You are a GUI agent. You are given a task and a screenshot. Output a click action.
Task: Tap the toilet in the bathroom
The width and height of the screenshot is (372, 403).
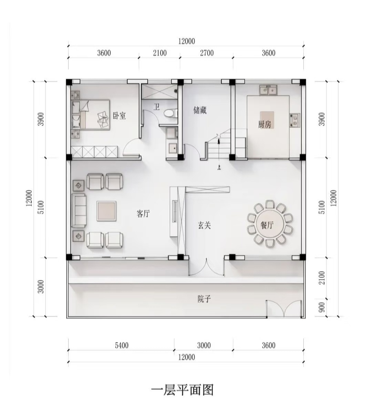click(x=171, y=113)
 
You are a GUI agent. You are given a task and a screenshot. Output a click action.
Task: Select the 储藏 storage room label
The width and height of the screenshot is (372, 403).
click(x=200, y=110)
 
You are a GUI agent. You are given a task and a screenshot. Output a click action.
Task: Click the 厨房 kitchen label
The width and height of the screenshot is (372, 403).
click(x=265, y=124)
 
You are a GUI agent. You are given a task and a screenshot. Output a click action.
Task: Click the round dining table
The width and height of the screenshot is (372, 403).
click(x=270, y=224)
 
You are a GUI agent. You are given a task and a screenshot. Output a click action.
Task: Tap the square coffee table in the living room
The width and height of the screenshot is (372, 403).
click(x=106, y=211)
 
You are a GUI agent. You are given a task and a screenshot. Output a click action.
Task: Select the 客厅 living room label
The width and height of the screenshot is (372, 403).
click(x=143, y=213)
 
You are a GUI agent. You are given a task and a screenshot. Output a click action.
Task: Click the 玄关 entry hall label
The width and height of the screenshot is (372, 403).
click(x=204, y=225)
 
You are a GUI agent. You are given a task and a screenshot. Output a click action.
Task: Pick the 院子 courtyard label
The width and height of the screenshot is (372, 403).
click(x=204, y=299)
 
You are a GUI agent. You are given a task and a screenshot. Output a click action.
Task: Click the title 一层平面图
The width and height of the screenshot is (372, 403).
click(x=182, y=390)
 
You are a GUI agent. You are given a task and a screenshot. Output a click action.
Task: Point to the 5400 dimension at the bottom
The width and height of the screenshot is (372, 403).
click(x=122, y=345)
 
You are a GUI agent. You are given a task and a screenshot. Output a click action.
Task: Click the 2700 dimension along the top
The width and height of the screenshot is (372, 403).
click(x=207, y=53)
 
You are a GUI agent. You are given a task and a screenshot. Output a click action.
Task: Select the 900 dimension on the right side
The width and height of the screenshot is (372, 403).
click(x=322, y=307)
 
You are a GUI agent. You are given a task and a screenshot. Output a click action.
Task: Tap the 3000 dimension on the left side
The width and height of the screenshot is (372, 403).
click(x=41, y=287)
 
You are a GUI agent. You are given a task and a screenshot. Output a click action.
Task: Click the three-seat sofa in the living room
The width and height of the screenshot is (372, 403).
click(x=79, y=210)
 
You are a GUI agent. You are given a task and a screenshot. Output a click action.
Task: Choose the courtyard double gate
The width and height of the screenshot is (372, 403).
click(x=283, y=308)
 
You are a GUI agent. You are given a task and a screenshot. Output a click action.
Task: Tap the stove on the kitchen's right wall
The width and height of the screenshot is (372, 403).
click(x=294, y=120)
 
